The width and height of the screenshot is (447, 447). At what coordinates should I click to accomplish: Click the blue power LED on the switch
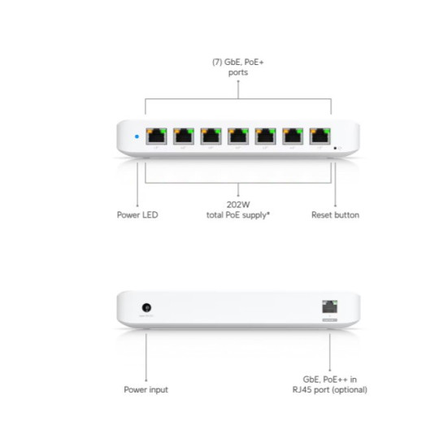137,137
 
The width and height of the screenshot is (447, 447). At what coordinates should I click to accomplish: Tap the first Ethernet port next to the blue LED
156,137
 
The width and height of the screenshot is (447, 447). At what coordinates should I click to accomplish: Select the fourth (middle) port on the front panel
238,137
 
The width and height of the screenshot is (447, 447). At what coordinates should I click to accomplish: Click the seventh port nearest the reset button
320,137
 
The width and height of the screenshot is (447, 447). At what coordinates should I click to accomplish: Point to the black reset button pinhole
335,148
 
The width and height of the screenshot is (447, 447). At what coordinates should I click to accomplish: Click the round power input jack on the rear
146,307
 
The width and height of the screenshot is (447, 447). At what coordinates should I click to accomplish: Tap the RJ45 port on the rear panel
330,306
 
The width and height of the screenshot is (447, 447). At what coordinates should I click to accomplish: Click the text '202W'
238,205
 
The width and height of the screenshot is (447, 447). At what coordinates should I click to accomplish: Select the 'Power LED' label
137,215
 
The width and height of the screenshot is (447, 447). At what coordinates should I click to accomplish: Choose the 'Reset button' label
335,215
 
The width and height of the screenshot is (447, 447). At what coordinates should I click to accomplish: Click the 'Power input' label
146,389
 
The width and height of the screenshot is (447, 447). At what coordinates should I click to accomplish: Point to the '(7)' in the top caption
217,62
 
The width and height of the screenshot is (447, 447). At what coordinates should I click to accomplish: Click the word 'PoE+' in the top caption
254,62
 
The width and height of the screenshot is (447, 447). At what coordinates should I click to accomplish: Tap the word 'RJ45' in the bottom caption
302,389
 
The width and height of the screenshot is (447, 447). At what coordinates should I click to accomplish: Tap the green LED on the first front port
163,131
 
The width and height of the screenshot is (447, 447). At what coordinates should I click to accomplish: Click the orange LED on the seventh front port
313,131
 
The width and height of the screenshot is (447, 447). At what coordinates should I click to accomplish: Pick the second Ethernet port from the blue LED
184,137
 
